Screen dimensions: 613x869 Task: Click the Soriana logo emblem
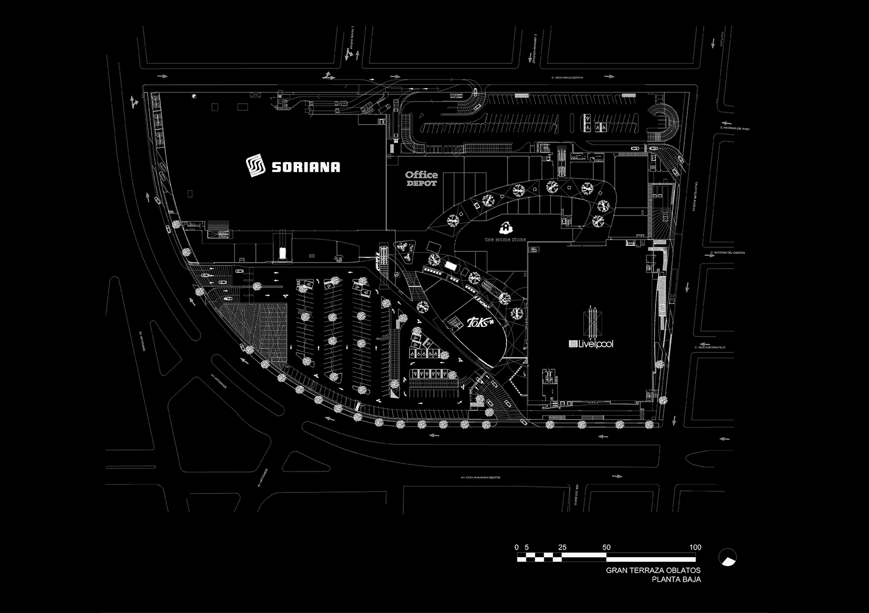256,167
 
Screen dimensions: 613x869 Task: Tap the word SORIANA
305,167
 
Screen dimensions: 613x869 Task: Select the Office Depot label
421,179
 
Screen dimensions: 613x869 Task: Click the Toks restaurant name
480,323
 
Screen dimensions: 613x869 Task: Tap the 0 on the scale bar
517,547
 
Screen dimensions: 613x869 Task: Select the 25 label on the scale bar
562,547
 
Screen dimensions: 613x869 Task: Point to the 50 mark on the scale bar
606,547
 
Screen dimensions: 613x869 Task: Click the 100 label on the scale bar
695,547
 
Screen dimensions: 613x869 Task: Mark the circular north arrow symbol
727,557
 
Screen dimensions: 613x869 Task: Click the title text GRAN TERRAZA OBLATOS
653,570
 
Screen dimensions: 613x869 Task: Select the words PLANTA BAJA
676,579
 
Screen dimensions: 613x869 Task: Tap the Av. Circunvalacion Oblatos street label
480,478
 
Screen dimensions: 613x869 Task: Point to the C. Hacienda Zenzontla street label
567,78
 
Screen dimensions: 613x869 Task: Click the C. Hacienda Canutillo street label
710,347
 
